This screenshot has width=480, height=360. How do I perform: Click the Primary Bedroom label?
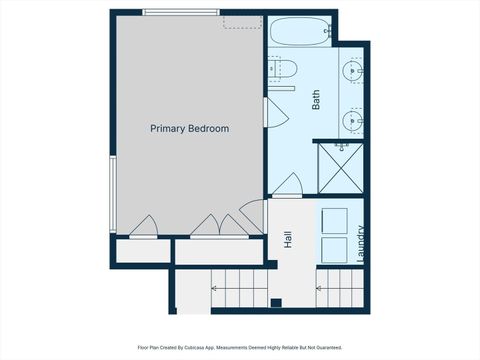[190, 128]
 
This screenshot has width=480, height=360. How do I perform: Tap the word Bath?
[315, 100]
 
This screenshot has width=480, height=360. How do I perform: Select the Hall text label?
[288, 239]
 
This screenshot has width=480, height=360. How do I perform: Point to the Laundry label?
[360, 244]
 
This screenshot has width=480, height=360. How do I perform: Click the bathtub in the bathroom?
[300, 32]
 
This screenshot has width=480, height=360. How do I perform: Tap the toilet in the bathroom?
[284, 69]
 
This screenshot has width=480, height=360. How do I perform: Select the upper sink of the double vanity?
[353, 71]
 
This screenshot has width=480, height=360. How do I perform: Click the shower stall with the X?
[339, 167]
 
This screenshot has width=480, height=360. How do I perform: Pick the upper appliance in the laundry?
[334, 220]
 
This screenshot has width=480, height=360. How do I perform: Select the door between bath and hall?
[288, 186]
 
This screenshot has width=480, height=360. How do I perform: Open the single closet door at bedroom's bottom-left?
[144, 228]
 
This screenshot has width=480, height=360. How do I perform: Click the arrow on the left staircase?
[213, 288]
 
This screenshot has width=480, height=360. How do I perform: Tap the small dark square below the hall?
[275, 302]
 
